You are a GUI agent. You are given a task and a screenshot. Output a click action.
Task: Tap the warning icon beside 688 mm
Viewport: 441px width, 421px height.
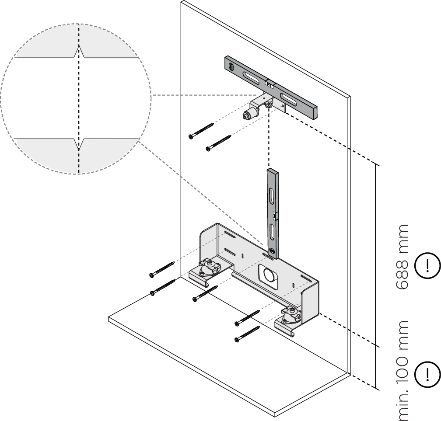(430, 265)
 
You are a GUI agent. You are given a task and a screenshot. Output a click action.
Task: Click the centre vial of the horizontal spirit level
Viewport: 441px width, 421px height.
(269, 83)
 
